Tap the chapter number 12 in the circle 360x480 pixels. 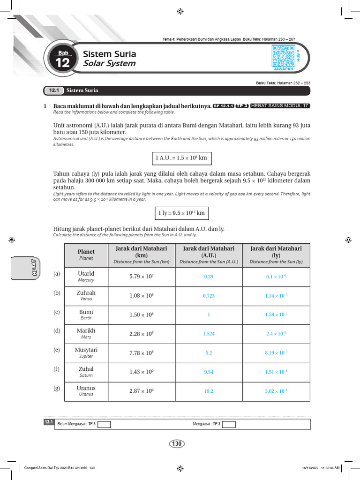point(62,63)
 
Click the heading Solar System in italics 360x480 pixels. point(109,63)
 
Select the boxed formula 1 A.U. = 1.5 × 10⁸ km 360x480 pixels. point(180,158)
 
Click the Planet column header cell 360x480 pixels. point(86,255)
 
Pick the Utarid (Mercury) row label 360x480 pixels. point(86,277)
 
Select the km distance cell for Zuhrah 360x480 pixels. point(142,296)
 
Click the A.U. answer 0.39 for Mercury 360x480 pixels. point(209,277)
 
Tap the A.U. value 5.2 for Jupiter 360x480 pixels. point(209,353)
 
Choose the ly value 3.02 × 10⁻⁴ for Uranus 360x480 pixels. point(276,391)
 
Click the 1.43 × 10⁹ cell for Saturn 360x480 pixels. point(142,372)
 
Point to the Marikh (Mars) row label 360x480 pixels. point(86,334)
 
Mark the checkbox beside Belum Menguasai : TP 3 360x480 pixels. point(104,424)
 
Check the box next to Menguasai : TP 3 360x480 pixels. point(229,424)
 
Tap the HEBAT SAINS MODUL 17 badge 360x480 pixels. point(280,106)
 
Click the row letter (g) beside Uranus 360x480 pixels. point(57,388)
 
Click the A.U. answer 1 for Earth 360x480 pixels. point(209,315)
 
